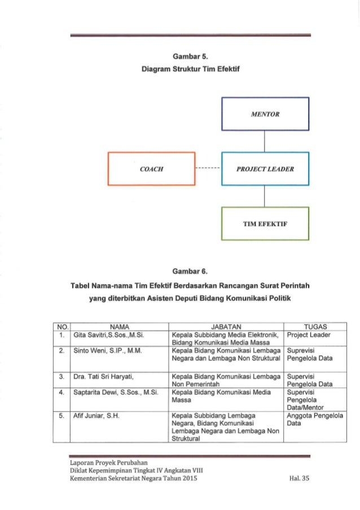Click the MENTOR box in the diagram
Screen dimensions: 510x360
pyautogui.click(x=265, y=114)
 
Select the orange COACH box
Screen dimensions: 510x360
pyautogui.click(x=151, y=168)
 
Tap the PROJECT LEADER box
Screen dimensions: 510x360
pyautogui.click(x=265, y=168)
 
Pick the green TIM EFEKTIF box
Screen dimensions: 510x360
pyautogui.click(x=265, y=224)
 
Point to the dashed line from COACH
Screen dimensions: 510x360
pyautogui.click(x=208, y=168)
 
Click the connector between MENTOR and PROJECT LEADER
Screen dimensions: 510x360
pyautogui.click(x=265, y=141)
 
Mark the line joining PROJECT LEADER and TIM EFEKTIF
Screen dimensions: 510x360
pyautogui.click(x=265, y=196)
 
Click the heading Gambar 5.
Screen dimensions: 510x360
pyautogui.click(x=180, y=57)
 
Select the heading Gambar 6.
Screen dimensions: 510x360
pyautogui.click(x=180, y=277)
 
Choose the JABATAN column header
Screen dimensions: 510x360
pyautogui.click(x=226, y=326)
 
